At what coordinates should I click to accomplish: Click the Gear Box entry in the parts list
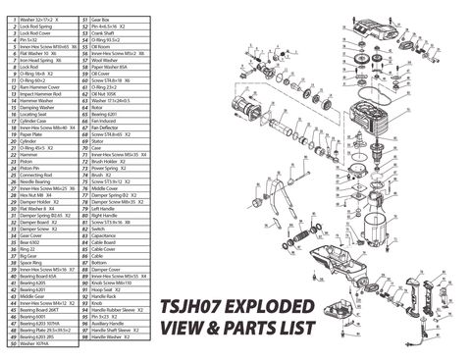tap(100, 19)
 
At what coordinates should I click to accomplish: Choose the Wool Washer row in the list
tap(105, 59)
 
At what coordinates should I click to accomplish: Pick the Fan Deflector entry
tap(105, 127)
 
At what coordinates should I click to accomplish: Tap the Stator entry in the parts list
tap(97, 140)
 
